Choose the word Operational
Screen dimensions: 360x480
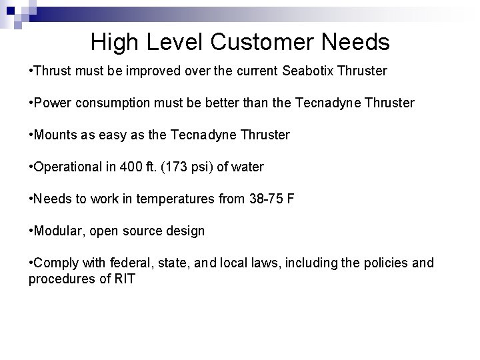pyautogui.click(x=69, y=167)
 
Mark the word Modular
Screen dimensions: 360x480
pyautogui.click(x=57, y=231)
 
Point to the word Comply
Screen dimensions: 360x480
pyautogui.click(x=55, y=263)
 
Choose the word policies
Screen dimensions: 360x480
pyautogui.click(x=383, y=263)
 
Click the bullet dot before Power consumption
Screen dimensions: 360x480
pyautogui.click(x=31, y=103)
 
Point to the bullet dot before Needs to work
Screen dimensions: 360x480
pyautogui.click(x=31, y=199)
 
